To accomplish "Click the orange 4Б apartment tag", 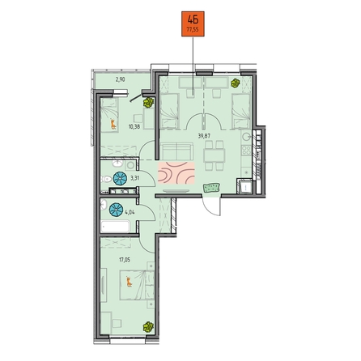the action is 193,23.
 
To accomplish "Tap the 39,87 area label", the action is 204,136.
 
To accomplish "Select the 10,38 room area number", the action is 134,126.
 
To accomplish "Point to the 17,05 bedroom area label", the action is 125,260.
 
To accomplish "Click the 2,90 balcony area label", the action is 120,79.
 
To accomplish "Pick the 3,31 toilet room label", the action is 134,177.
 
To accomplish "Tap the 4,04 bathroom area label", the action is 130,212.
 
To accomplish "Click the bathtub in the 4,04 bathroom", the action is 115,227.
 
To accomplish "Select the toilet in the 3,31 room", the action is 106,179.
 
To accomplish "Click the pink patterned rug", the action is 176,173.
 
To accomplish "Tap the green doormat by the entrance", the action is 212,188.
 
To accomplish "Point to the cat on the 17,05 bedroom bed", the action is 130,282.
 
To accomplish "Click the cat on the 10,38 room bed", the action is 113,125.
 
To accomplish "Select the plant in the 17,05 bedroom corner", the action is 148,327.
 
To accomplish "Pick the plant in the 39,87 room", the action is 236,83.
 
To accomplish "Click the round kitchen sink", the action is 246,137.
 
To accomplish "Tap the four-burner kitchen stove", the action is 246,151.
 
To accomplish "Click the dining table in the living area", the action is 214,155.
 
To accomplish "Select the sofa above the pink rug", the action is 177,151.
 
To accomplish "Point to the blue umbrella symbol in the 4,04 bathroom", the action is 117,210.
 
